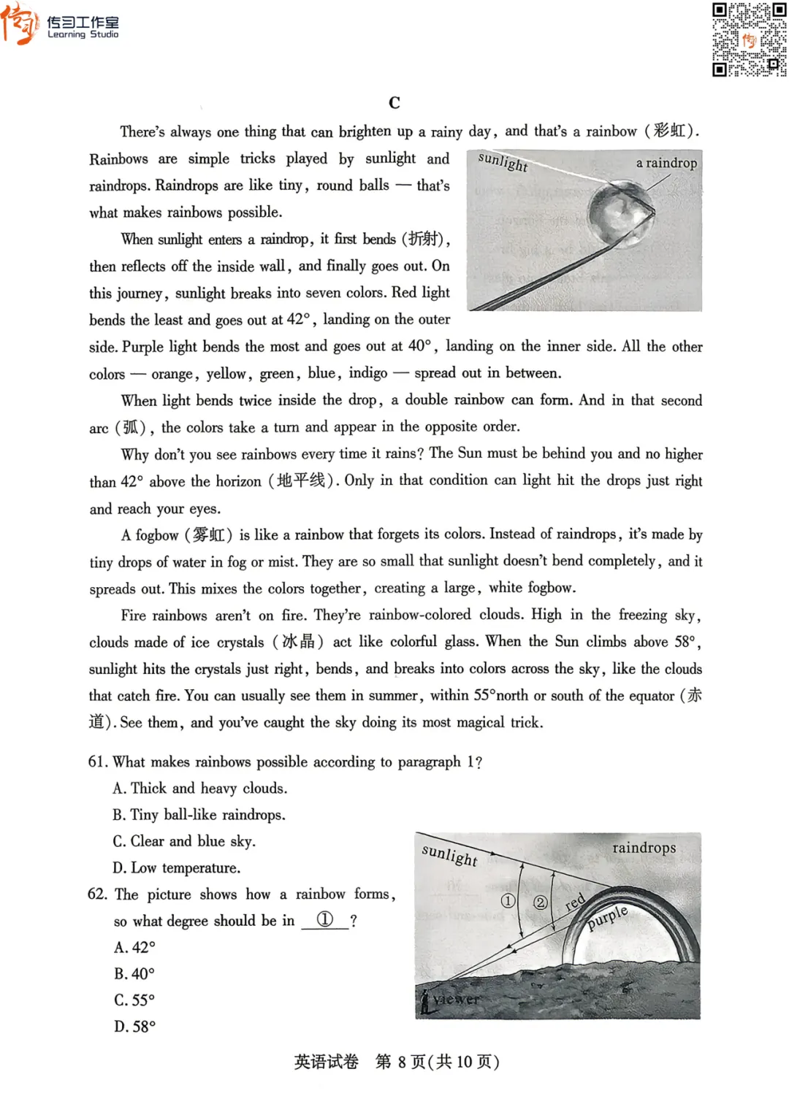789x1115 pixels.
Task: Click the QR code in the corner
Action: (x=749, y=39)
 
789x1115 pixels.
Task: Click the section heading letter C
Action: (x=394, y=103)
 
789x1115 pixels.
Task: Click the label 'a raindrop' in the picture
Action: (x=666, y=163)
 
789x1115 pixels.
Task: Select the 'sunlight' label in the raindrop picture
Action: (x=503, y=161)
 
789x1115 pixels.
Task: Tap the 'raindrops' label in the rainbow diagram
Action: (x=644, y=848)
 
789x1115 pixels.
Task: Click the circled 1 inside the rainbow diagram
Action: (x=508, y=901)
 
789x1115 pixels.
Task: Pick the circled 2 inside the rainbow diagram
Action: (x=540, y=903)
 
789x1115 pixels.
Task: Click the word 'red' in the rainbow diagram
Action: (x=576, y=903)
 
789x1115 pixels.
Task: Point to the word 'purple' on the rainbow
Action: (x=608, y=917)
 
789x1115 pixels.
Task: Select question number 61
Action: (x=97, y=762)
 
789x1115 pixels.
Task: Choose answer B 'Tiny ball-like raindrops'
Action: (x=199, y=815)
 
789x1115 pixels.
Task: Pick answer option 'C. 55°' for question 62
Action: (x=134, y=1000)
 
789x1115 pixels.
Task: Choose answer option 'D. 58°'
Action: (x=134, y=1027)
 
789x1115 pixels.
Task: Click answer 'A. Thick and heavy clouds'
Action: (x=199, y=789)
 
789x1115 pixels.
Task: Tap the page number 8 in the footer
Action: (x=401, y=1062)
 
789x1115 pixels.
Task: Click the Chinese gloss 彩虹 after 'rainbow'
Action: (x=669, y=131)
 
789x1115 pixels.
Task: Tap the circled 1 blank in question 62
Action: (x=325, y=920)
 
